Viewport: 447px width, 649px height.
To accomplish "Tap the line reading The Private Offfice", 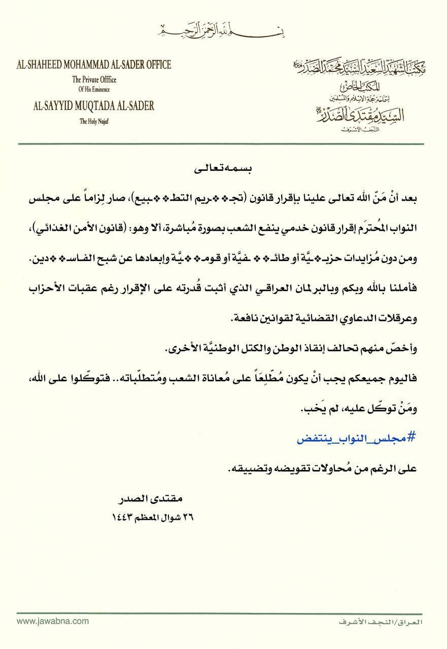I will point(91,79).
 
